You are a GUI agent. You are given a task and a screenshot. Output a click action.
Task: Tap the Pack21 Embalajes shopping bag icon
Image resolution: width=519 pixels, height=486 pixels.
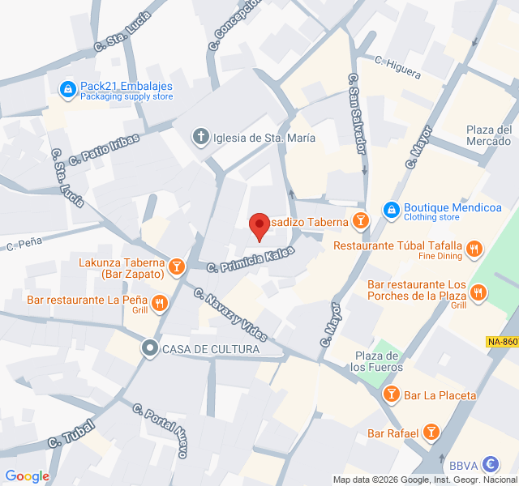click(x=68, y=87)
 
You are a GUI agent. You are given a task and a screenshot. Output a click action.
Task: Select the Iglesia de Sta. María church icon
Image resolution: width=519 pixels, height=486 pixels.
click(x=200, y=137)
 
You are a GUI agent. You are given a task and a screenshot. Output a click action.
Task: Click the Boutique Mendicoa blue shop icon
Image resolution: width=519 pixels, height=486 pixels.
click(x=391, y=210)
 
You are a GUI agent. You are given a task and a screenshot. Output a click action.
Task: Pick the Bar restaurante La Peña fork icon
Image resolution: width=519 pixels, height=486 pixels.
click(x=159, y=304)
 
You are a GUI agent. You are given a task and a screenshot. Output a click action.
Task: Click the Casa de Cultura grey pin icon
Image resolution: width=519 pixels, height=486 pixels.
click(x=149, y=349)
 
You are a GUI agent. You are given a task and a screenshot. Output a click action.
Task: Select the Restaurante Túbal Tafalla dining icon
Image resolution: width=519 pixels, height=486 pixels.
click(x=475, y=249)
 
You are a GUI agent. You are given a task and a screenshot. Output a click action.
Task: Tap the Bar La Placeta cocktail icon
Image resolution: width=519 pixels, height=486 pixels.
click(x=391, y=394)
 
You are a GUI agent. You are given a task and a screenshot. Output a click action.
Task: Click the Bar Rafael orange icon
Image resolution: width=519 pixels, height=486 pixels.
click(x=431, y=433)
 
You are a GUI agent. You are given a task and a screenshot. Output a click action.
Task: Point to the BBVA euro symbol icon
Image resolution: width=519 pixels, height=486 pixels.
click(x=490, y=465)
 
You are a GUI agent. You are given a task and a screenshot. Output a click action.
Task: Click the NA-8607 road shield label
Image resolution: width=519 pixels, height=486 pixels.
click(x=503, y=343)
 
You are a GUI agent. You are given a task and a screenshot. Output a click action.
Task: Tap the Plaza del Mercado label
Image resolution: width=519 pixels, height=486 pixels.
click(x=489, y=135)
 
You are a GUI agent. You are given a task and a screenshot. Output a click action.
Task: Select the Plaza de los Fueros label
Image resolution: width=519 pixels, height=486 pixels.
click(x=376, y=361)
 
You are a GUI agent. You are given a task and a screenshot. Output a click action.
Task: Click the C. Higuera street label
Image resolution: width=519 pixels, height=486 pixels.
click(x=398, y=66)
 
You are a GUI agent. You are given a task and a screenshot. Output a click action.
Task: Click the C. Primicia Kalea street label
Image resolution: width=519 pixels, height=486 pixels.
click(x=249, y=259)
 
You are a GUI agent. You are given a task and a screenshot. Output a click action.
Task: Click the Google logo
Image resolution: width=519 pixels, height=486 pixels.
click(x=27, y=476)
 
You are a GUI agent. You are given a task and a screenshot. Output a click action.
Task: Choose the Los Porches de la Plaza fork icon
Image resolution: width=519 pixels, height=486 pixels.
click(x=479, y=292)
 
